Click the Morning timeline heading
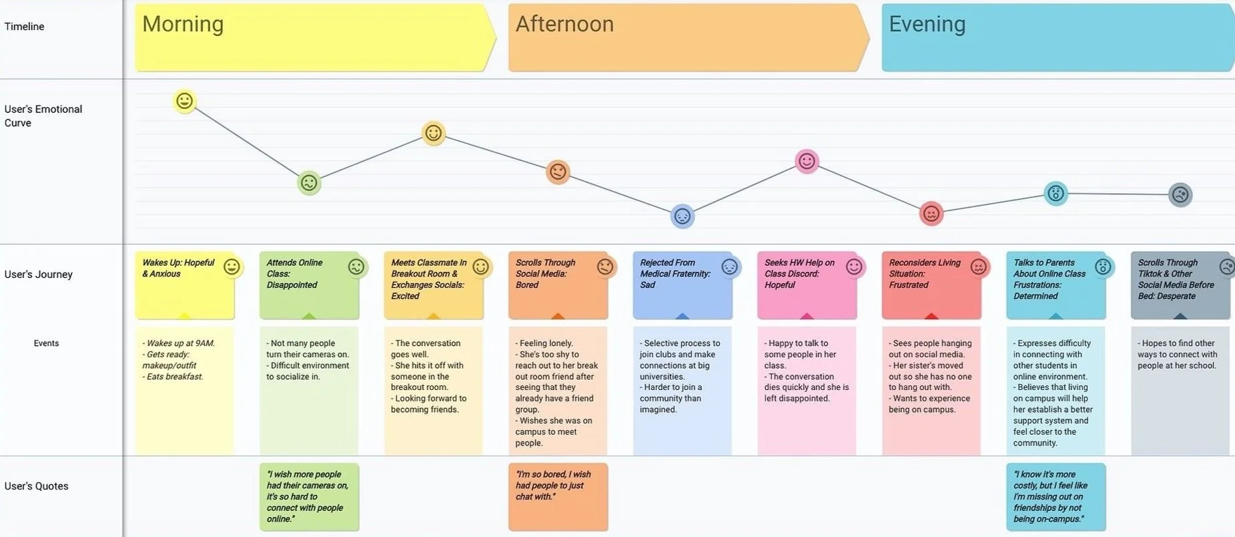[x=183, y=25]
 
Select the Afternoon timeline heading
[x=564, y=25]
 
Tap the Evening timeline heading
[x=927, y=25]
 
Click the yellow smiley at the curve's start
[x=185, y=101]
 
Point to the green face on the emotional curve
[x=309, y=182]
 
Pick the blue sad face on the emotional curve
[x=682, y=216]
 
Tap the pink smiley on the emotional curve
[x=807, y=161]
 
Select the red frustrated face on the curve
[x=931, y=214]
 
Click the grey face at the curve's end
[x=1180, y=195]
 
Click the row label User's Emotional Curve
[x=43, y=116]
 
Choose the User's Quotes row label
[x=37, y=486]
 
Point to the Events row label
[x=46, y=343]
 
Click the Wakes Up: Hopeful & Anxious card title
[x=178, y=268]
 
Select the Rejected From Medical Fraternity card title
[x=675, y=273]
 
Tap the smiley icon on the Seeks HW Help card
[x=854, y=267]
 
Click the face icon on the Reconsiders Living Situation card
[x=978, y=267]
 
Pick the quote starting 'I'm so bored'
[x=553, y=486]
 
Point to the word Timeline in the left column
[x=25, y=27]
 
